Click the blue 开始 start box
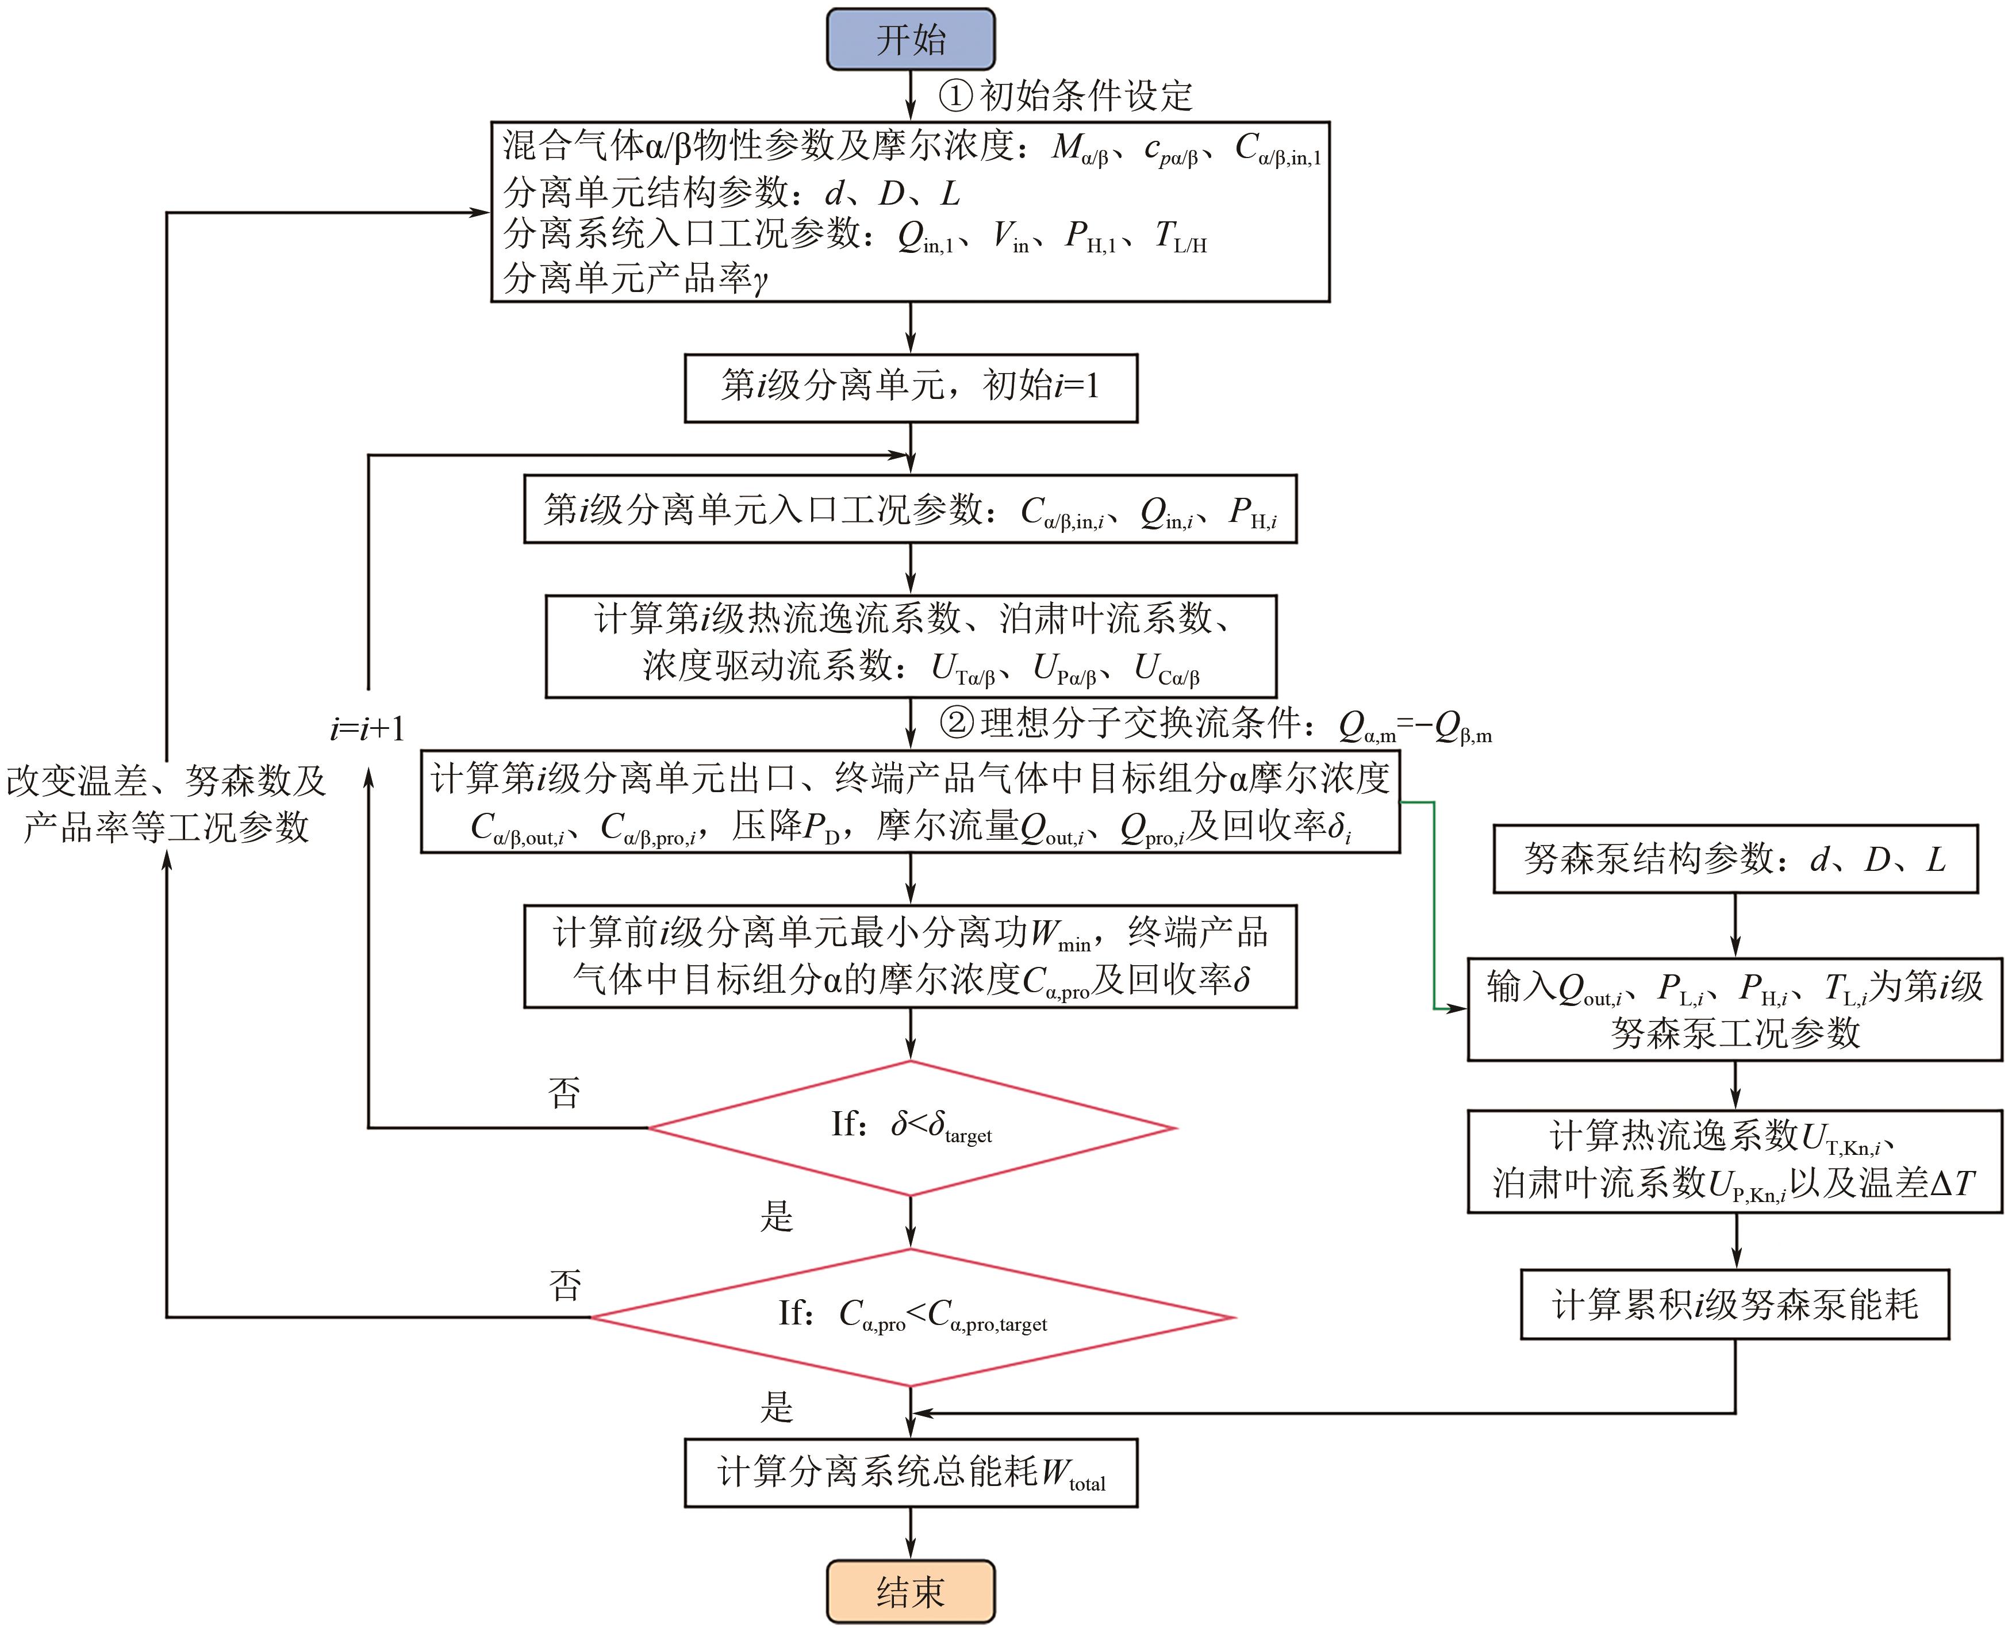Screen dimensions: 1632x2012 click(x=910, y=40)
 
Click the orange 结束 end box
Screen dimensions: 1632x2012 click(x=910, y=1592)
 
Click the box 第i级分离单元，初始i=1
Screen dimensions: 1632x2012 click(x=910, y=387)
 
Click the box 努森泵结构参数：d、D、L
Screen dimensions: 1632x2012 click(x=1735, y=858)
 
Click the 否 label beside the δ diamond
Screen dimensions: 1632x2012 click(x=564, y=1092)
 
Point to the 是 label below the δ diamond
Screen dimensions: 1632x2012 click(x=777, y=1216)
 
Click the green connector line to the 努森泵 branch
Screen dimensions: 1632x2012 click(x=1434, y=903)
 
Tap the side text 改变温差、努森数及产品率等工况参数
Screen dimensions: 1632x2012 click(x=166, y=804)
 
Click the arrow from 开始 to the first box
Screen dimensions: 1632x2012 click(x=910, y=95)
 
